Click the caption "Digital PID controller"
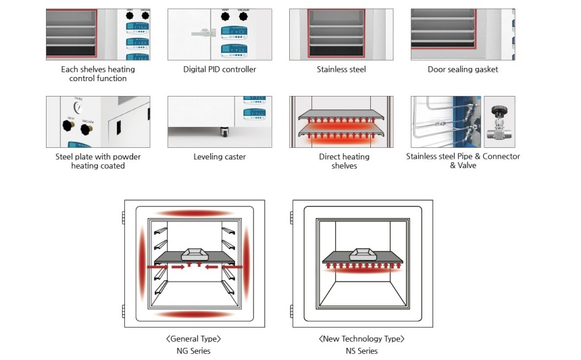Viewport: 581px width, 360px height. (220, 70)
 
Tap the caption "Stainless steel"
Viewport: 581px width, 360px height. (341, 70)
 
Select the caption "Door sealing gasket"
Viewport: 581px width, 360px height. (463, 70)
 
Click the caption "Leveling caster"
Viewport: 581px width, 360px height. (220, 157)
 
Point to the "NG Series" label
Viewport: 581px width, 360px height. (193, 351)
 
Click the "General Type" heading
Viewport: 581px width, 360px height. (193, 339)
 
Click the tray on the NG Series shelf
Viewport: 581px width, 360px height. (194, 251)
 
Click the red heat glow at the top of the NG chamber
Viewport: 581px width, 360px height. (195, 213)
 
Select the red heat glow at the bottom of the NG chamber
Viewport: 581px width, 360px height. (195, 314)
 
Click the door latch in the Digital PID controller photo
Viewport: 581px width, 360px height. (203, 32)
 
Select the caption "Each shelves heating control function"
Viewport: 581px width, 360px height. (98, 74)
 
